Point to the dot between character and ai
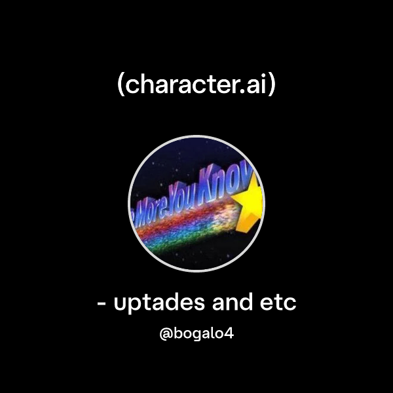246,92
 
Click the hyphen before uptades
102,305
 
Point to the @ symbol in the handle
166,335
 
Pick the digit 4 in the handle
229,334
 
